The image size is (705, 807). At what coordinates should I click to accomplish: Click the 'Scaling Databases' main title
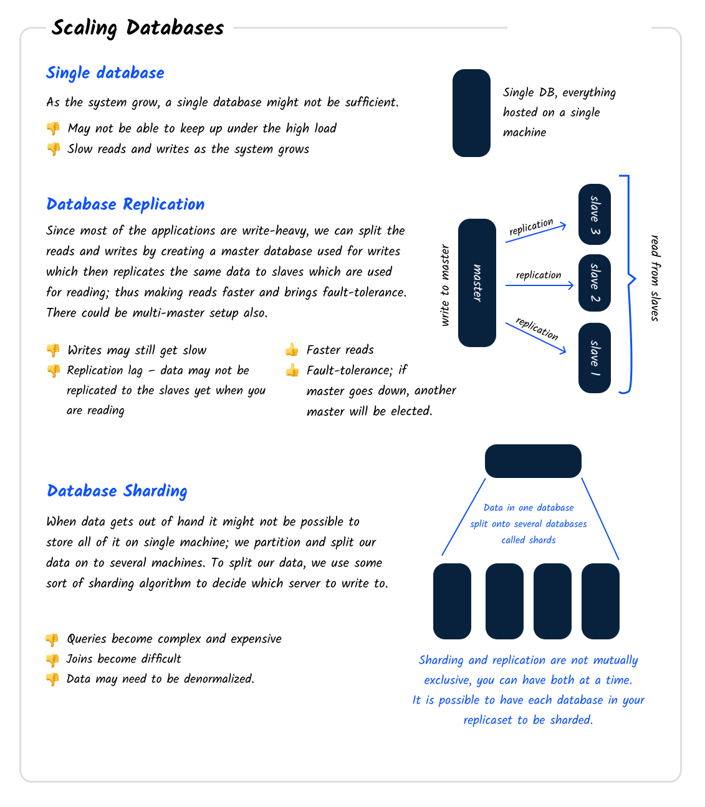[x=138, y=28]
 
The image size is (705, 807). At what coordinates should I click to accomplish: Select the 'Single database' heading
[x=105, y=73]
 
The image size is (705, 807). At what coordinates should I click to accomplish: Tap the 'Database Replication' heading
[x=125, y=204]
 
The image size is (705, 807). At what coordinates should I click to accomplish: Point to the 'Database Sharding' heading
[x=117, y=491]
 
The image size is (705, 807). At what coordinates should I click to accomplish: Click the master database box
[x=477, y=283]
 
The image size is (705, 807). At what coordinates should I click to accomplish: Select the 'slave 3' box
[x=594, y=214]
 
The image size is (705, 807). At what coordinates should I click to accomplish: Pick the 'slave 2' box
[x=594, y=283]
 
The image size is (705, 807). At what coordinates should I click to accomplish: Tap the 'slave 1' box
[x=594, y=358]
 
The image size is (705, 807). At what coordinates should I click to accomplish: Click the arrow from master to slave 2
[x=539, y=285]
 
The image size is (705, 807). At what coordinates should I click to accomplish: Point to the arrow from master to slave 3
[x=535, y=233]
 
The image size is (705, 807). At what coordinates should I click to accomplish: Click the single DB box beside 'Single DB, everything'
[x=471, y=113]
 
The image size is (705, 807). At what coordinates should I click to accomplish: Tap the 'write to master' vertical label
[x=445, y=285]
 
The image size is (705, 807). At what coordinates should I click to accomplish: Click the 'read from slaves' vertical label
[x=655, y=278]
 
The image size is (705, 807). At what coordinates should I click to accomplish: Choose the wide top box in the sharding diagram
[x=533, y=461]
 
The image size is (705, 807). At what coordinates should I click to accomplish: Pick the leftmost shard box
[x=452, y=601]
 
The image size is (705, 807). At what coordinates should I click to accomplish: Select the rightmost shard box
[x=600, y=601]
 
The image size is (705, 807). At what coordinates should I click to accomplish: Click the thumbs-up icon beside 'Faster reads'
[x=292, y=350]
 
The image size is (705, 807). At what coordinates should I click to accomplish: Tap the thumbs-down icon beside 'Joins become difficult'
[x=52, y=659]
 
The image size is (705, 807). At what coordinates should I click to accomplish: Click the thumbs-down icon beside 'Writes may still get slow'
[x=53, y=350]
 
